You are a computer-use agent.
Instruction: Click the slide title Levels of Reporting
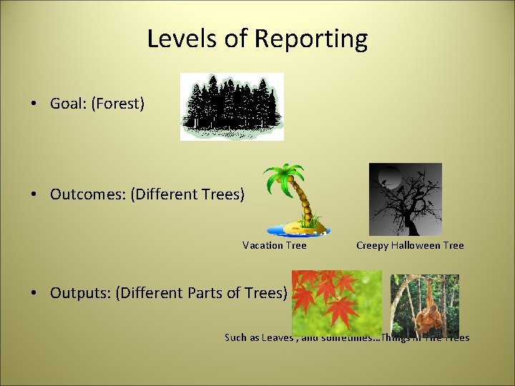[257, 39]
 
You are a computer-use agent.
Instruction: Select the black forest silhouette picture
[232, 107]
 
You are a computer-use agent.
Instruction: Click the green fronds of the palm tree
[285, 176]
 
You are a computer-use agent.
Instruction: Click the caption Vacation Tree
[275, 245]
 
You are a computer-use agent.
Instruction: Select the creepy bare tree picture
[405, 199]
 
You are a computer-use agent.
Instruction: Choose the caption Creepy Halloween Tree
[410, 245]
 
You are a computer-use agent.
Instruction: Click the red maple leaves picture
[336, 302]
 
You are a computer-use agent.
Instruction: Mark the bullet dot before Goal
[34, 104]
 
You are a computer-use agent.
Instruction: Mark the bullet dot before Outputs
[34, 293]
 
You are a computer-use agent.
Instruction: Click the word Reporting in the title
[313, 39]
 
